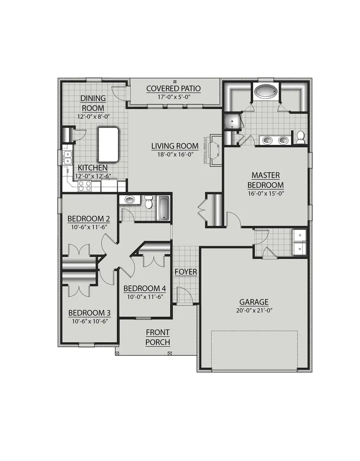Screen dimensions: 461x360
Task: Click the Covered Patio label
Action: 173,88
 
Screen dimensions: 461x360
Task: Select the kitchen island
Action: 109,144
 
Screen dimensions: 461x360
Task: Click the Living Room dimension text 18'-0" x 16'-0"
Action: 175,154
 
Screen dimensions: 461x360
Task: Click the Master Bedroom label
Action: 266,180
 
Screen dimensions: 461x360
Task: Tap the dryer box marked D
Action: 300,235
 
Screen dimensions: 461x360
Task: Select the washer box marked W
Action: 300,248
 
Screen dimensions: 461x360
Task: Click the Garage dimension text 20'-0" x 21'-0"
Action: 254,310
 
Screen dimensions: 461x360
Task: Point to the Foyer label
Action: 186,272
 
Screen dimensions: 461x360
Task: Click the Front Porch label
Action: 158,337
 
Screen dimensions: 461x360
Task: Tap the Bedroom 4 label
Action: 144,289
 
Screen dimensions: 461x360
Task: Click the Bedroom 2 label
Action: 88,219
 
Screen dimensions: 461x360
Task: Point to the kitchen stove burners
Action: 84,186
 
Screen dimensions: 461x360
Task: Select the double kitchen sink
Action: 68,158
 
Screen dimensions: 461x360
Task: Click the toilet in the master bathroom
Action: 300,137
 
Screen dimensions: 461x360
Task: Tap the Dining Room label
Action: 93,103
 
